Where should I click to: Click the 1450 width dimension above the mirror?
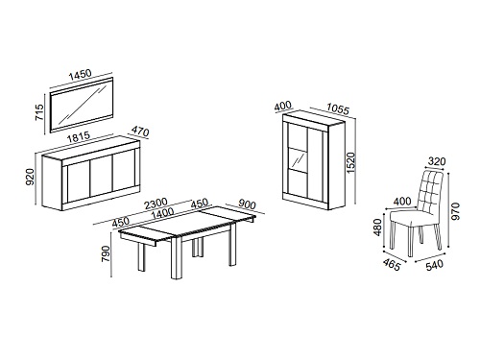click(81, 75)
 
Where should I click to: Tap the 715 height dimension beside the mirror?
click(39, 112)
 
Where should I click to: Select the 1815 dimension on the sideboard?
click(79, 138)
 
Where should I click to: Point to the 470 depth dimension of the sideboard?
click(140, 132)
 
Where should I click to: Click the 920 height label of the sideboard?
click(30, 178)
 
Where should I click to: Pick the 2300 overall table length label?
click(156, 204)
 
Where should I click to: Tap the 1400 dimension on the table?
click(162, 213)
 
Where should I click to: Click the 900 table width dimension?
click(247, 204)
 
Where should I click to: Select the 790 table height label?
click(106, 254)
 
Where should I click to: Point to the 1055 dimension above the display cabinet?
click(338, 109)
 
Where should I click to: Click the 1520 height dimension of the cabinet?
click(351, 163)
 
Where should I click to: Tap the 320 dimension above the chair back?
click(437, 161)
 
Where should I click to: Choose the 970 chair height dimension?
click(455, 211)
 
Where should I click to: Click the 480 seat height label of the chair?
click(378, 228)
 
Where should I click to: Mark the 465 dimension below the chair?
click(392, 264)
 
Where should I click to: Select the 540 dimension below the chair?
click(435, 265)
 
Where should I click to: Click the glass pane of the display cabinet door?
click(298, 160)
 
